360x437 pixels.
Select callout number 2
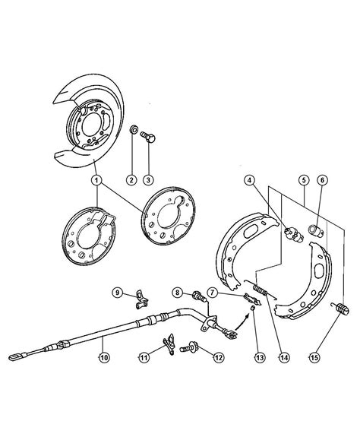[x=131, y=179]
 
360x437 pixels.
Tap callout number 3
[x=148, y=179]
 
